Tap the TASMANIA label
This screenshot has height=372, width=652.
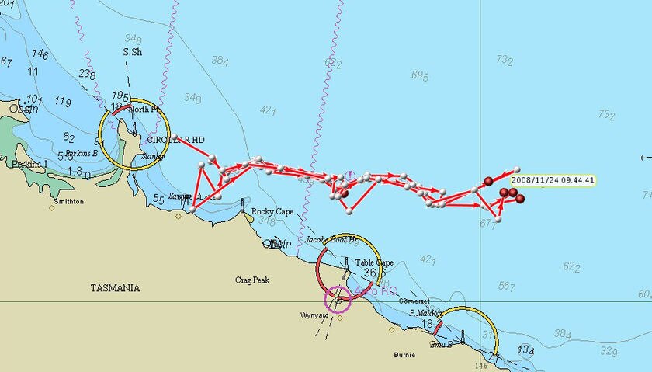[115, 288]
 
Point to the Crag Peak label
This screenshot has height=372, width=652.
[252, 280]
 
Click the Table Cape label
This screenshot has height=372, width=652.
[374, 263]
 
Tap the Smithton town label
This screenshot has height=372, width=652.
[66, 201]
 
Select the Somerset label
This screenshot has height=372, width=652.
[414, 301]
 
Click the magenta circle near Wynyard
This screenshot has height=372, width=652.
[338, 299]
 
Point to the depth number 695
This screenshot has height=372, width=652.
[420, 75]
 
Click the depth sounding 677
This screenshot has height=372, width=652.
[487, 224]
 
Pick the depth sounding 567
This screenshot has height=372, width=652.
[507, 286]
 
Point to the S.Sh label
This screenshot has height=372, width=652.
[133, 52]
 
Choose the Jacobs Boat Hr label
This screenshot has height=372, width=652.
[331, 240]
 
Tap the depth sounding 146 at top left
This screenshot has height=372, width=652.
[40, 54]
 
